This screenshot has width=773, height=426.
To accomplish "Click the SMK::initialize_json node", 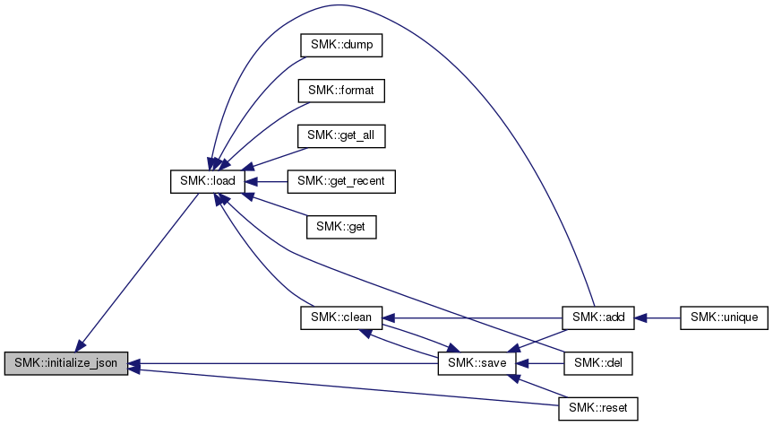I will point(65,363).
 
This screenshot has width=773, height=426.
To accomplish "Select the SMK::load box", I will point(207,181).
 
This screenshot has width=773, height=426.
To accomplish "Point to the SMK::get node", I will point(341,227).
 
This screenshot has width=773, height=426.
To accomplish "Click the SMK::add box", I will point(598,317).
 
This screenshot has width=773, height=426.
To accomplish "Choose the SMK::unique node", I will point(725,317).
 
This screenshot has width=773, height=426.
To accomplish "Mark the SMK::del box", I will point(598,363).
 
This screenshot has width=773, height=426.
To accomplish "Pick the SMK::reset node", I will point(598,409).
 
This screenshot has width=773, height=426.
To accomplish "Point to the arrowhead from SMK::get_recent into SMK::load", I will point(252,181).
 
